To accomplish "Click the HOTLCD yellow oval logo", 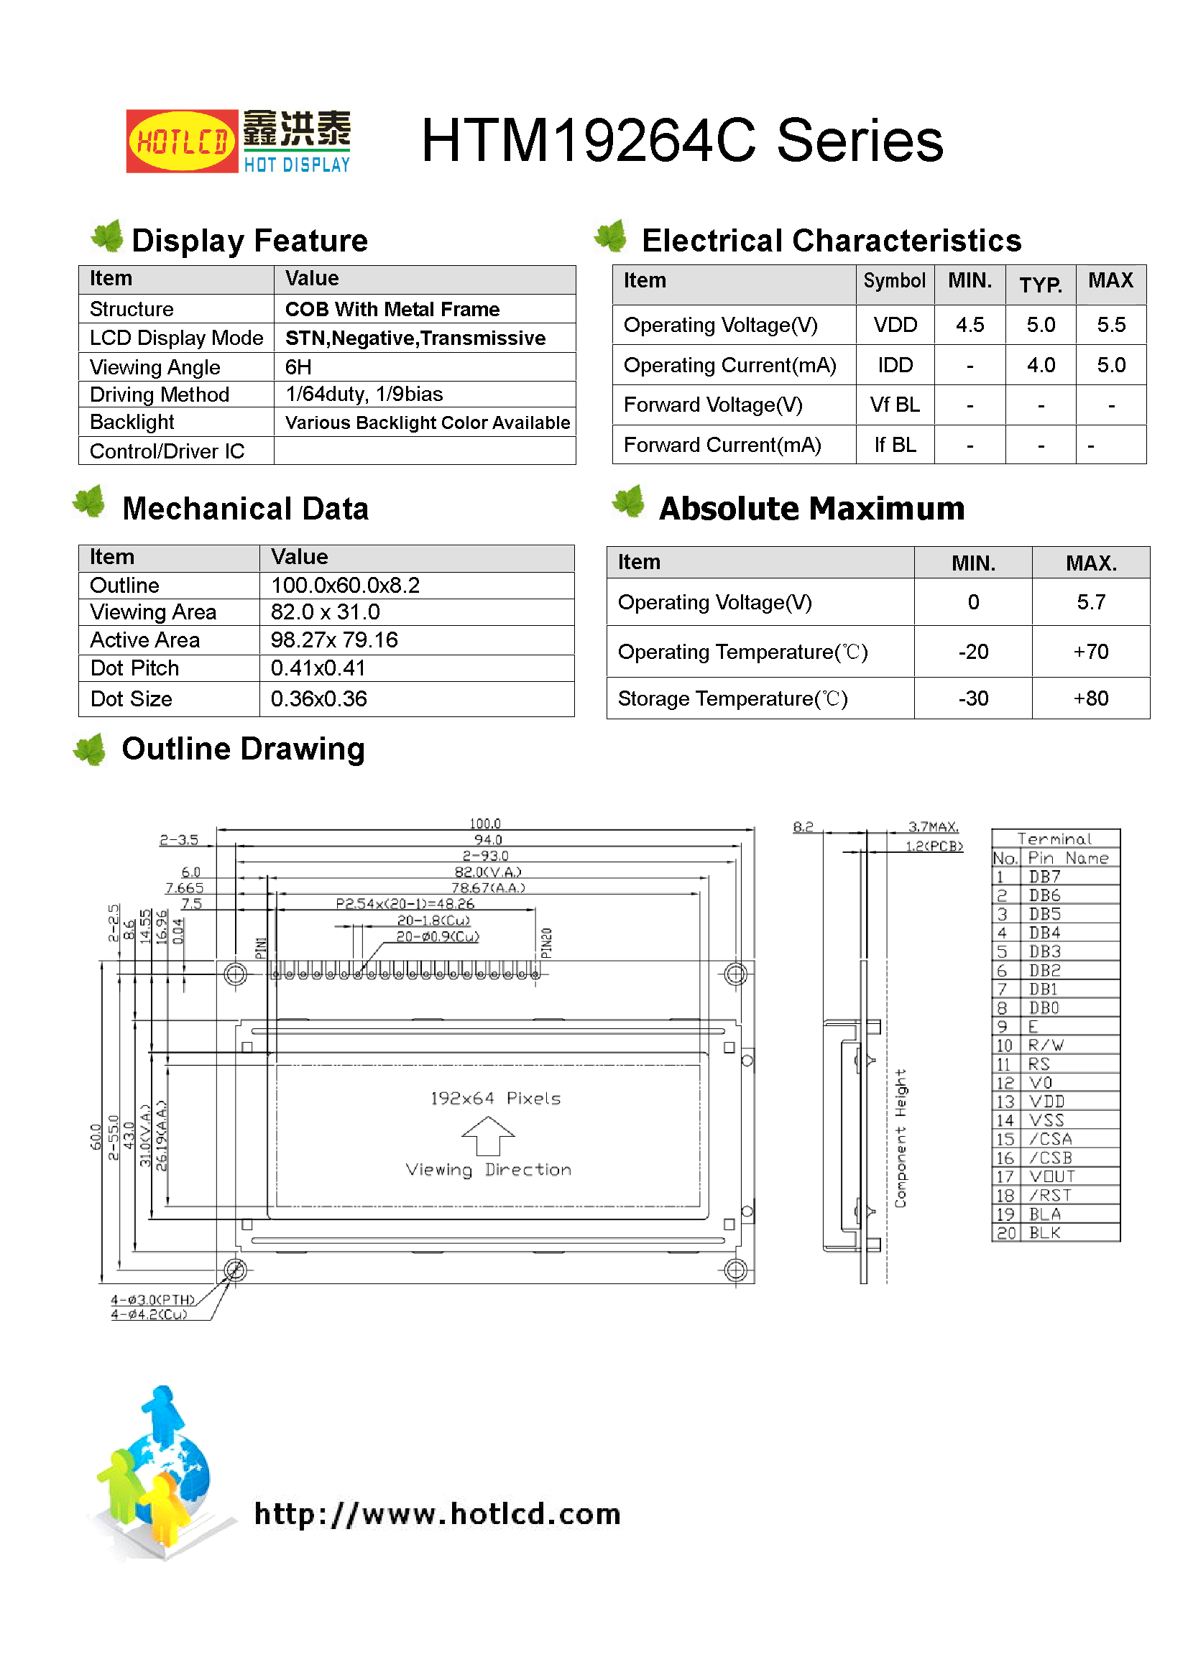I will pos(182,142).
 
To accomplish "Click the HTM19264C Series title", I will pos(681,141).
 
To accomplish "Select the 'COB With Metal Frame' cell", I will pos(392,310).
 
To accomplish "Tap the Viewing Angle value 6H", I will pos(299,366).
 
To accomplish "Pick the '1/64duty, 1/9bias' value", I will pos(364,394).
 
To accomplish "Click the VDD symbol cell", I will pos(895,325).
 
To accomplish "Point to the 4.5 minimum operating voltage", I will pos(970,325).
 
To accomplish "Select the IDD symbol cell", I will pos(895,365).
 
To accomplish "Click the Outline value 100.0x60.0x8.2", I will pos(346,586).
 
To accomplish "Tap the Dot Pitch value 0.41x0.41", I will pos(318,668).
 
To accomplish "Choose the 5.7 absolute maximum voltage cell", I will pos(1091,602).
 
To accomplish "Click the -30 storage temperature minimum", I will pos(973,698).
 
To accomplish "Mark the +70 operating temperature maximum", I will pos(1091,652).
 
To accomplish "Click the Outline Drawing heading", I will pos(243,749).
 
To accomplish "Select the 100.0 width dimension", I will pos(485,824).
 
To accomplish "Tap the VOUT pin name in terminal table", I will pos(1052,1176).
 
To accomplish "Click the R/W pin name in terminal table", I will pos(1045,1046).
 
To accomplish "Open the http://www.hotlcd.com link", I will pos(437,1514).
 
